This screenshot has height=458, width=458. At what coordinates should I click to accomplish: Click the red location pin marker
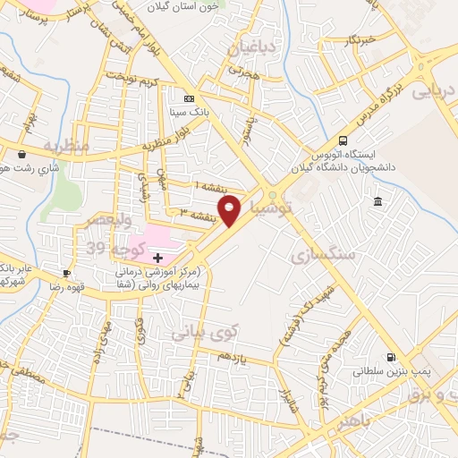tap(230, 210)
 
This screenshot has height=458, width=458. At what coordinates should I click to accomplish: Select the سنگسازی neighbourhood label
tap(323, 254)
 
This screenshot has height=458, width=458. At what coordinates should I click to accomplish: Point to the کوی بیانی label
tap(207, 332)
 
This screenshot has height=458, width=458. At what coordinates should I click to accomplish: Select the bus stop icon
tap(343, 140)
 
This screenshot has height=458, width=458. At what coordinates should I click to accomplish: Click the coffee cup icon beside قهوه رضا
tap(67, 272)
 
